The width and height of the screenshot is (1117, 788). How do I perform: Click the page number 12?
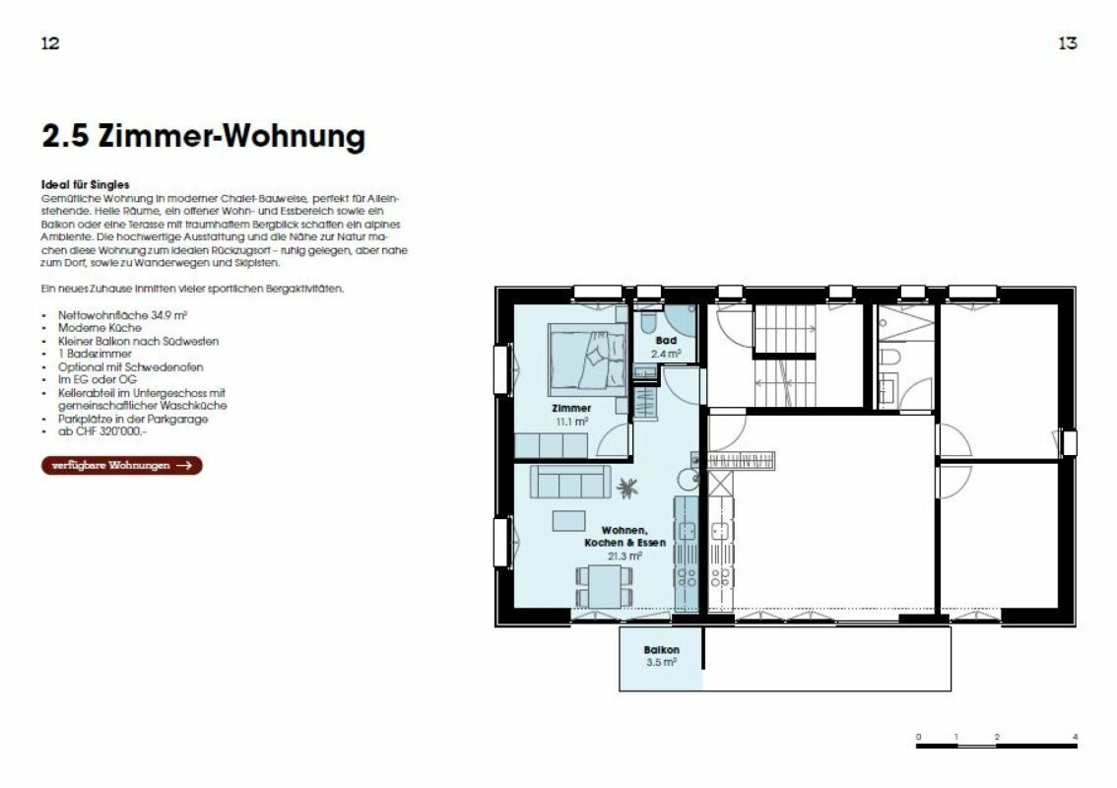(51, 43)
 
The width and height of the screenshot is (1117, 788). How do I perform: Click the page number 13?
(1067, 43)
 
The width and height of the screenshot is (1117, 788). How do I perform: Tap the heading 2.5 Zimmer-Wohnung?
(203, 136)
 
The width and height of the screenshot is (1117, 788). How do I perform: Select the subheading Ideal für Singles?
(86, 184)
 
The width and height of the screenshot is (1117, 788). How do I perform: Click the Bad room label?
(666, 341)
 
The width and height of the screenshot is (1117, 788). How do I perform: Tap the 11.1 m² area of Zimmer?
(571, 421)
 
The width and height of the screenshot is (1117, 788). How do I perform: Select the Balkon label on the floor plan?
(661, 650)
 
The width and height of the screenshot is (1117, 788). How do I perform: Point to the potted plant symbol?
(626, 487)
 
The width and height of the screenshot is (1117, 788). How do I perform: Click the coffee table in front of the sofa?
(568, 519)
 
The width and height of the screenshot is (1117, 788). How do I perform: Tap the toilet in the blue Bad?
(649, 322)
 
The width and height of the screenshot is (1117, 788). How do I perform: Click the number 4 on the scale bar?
(1076, 737)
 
